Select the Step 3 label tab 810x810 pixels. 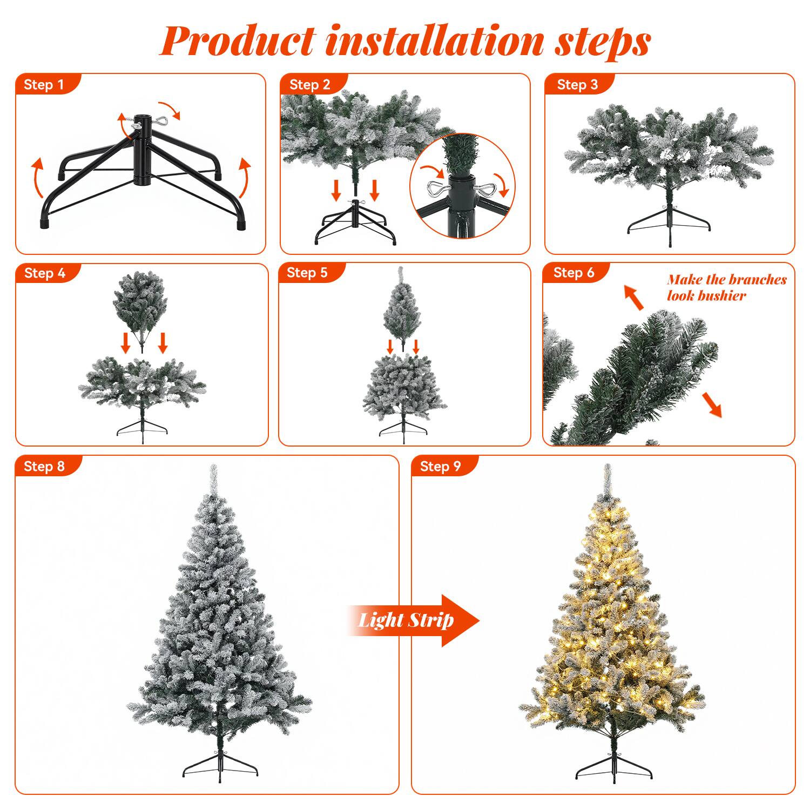(x=577, y=85)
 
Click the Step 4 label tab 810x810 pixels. (x=45, y=273)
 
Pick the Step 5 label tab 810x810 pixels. (x=308, y=273)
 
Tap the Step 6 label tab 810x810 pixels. (x=574, y=273)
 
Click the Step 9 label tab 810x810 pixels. (x=441, y=467)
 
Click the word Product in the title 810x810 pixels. (x=238, y=41)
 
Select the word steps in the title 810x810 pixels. (x=602, y=41)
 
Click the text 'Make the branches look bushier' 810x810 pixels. (x=726, y=287)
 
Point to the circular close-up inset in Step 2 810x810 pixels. (x=462, y=185)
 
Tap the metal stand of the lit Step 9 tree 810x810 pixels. (x=611, y=764)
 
